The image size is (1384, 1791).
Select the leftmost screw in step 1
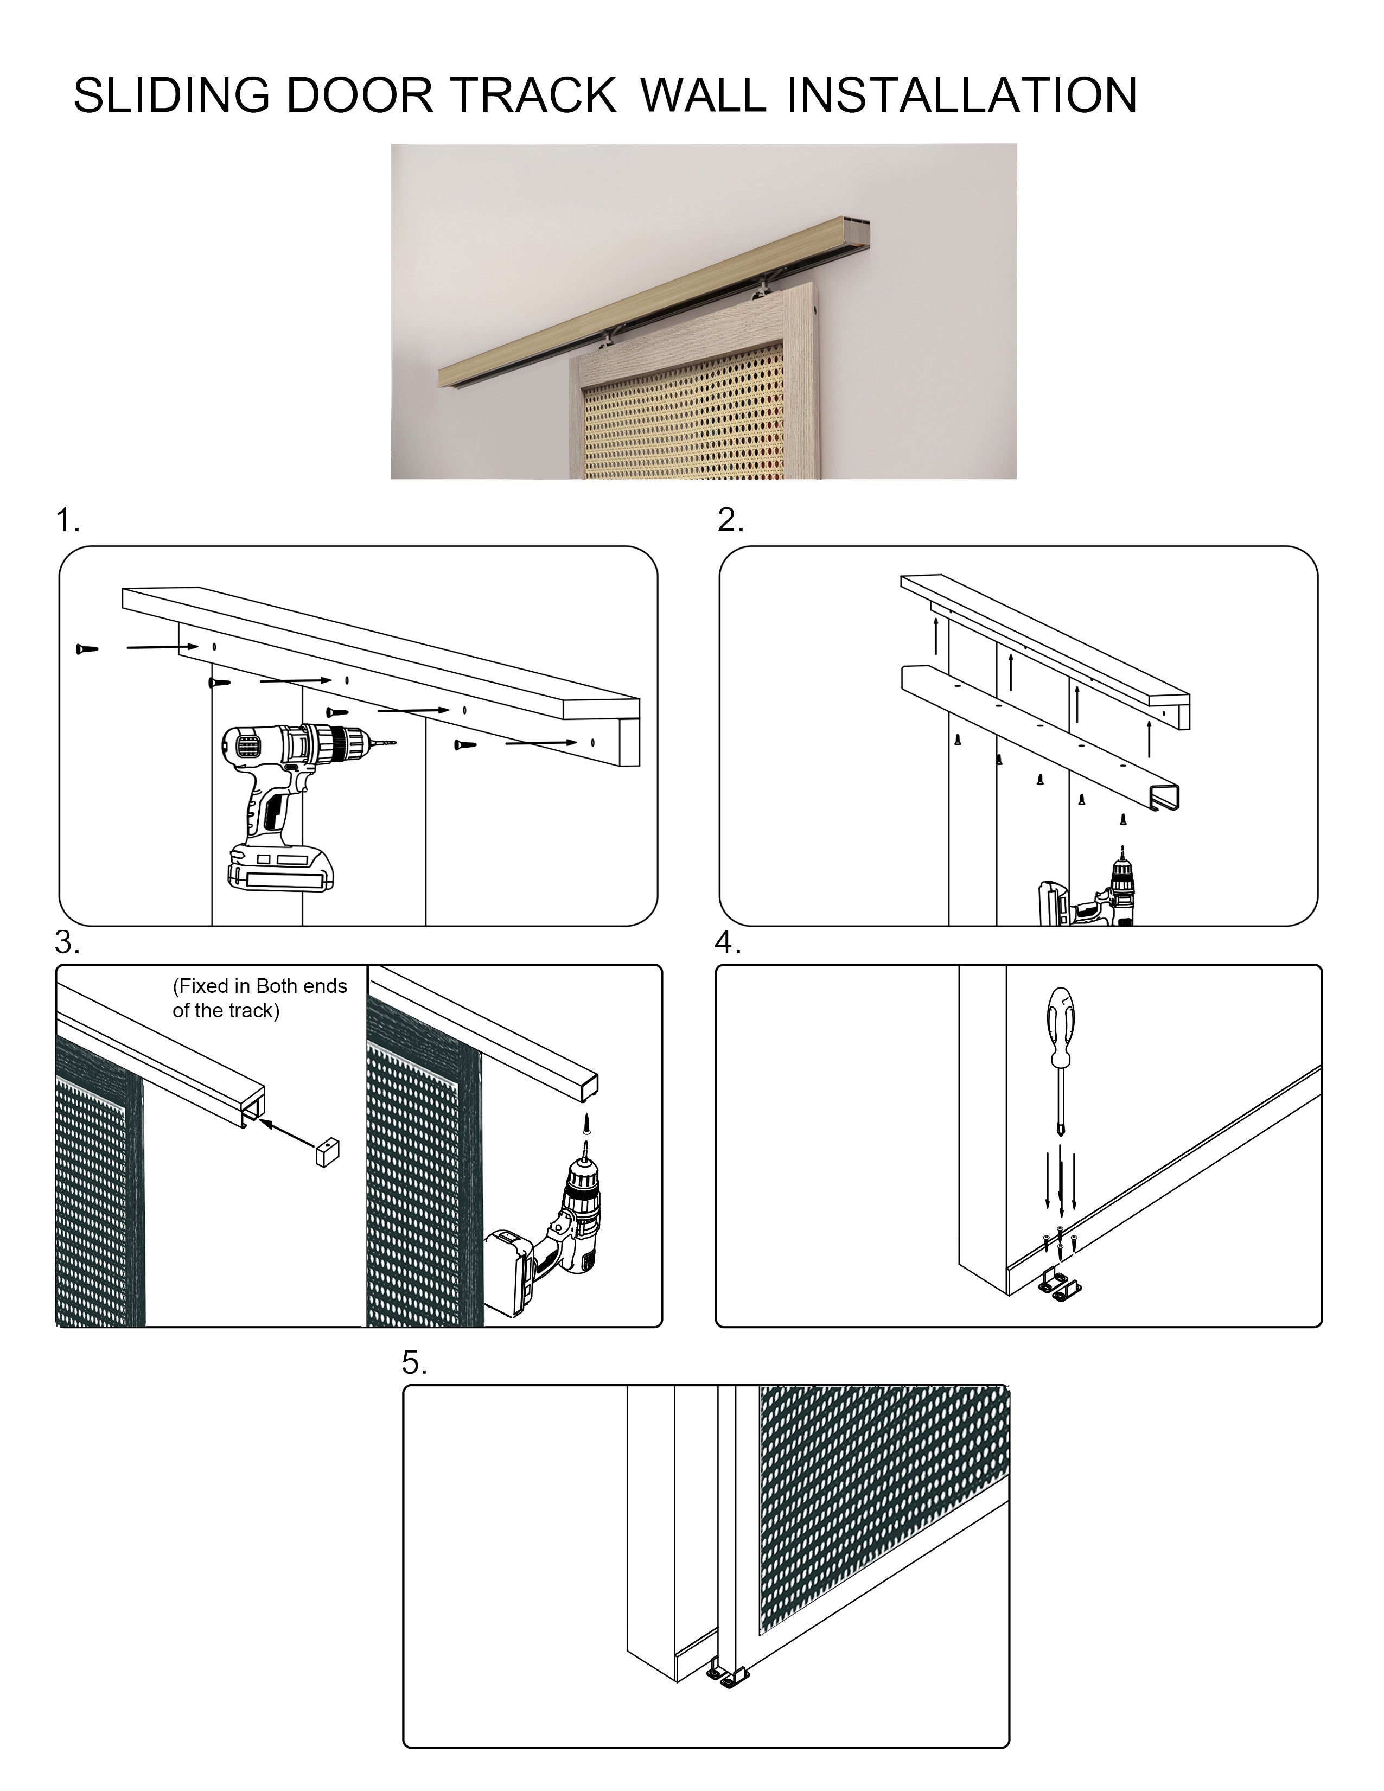86,649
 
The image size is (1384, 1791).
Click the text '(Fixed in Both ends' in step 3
260,986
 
